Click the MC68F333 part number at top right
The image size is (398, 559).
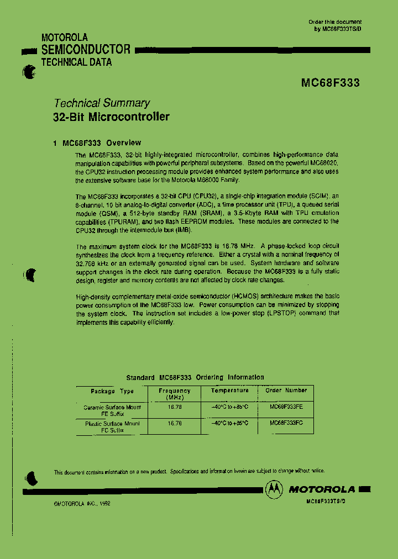(330, 83)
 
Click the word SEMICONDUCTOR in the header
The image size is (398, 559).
(86, 50)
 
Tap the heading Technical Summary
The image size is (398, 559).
(101, 103)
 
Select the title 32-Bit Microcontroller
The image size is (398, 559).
(111, 117)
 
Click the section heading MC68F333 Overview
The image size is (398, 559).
(102, 143)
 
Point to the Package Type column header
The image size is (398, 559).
(112, 391)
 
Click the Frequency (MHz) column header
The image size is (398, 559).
(174, 394)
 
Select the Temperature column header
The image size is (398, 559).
(230, 391)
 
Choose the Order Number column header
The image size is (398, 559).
(286, 391)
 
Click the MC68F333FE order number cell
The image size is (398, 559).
(286, 407)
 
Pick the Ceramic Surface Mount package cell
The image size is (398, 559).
(112, 410)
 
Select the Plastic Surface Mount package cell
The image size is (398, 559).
(112, 426)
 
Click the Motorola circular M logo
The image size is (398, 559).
(273, 489)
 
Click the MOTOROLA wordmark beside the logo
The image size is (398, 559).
(322, 489)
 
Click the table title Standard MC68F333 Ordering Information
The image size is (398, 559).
(195, 377)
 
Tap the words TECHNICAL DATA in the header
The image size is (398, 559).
(77, 62)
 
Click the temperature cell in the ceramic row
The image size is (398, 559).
(230, 407)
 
